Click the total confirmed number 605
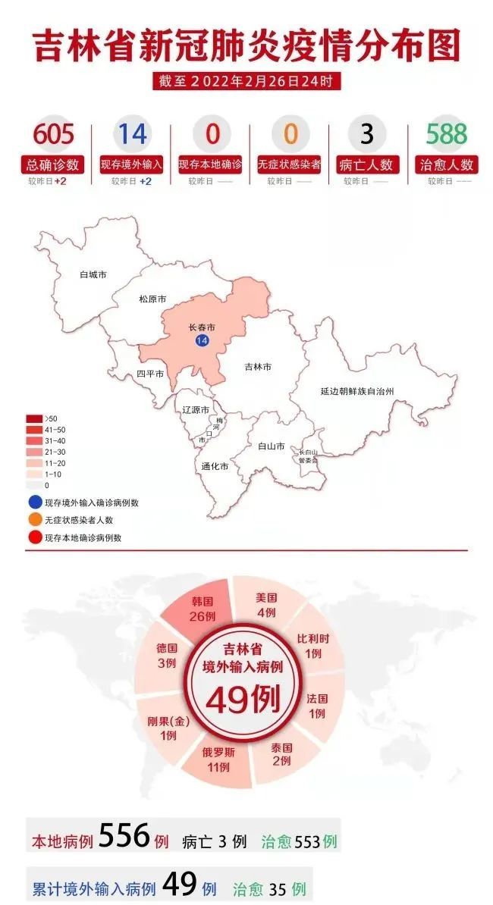pos(53,134)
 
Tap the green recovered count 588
pos(446,134)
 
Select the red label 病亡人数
pos(367,164)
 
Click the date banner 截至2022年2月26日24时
pos(246,80)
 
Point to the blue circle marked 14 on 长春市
pos(202,341)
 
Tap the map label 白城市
pos(93,274)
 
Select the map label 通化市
pos(215,466)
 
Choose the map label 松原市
pos(152,299)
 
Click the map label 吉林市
pos(258,367)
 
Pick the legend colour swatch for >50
pos(34,418)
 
